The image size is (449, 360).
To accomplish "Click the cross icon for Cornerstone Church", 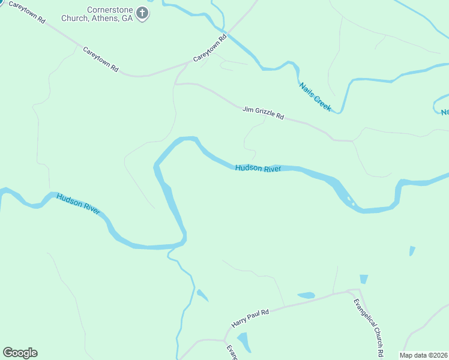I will (x=142, y=13).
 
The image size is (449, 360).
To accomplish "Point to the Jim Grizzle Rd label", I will (x=263, y=113).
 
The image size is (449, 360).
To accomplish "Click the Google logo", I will (x=20, y=353).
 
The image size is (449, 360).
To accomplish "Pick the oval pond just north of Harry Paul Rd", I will (x=306, y=295).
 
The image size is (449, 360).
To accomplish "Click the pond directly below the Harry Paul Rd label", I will (x=244, y=342).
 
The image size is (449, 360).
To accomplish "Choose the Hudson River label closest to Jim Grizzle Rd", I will (x=258, y=169).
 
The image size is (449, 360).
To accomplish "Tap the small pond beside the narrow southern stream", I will (x=202, y=295).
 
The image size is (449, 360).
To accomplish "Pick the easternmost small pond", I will (x=412, y=250).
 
